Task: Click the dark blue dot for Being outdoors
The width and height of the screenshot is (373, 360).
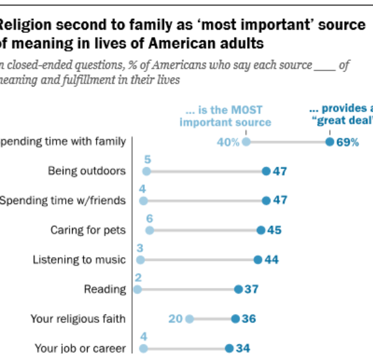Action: pos(265,171)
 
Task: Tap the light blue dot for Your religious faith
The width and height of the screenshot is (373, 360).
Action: pos(189,319)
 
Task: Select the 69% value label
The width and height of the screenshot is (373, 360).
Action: pos(348,142)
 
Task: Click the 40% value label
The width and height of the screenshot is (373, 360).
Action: pos(228,142)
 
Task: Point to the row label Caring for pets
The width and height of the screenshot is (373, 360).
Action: pos(88,230)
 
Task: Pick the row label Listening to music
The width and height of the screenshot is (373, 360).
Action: pos(79,260)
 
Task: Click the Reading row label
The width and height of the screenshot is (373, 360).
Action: pos(104,289)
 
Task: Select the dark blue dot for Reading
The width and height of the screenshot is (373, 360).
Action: pos(238,289)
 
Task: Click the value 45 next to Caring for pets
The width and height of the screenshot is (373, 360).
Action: pos(274,230)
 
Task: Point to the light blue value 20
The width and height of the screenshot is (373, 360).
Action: pos(175,319)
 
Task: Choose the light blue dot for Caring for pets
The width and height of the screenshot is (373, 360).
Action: pos(149,230)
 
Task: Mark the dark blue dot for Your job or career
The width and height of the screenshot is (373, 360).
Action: pos(229,348)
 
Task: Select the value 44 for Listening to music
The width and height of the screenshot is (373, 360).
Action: pos(271,260)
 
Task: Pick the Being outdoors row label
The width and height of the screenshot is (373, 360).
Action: pos(87,171)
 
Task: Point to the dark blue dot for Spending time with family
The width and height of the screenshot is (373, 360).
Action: pos(329,142)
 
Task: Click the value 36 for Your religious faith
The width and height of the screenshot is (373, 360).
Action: pos(249,319)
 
